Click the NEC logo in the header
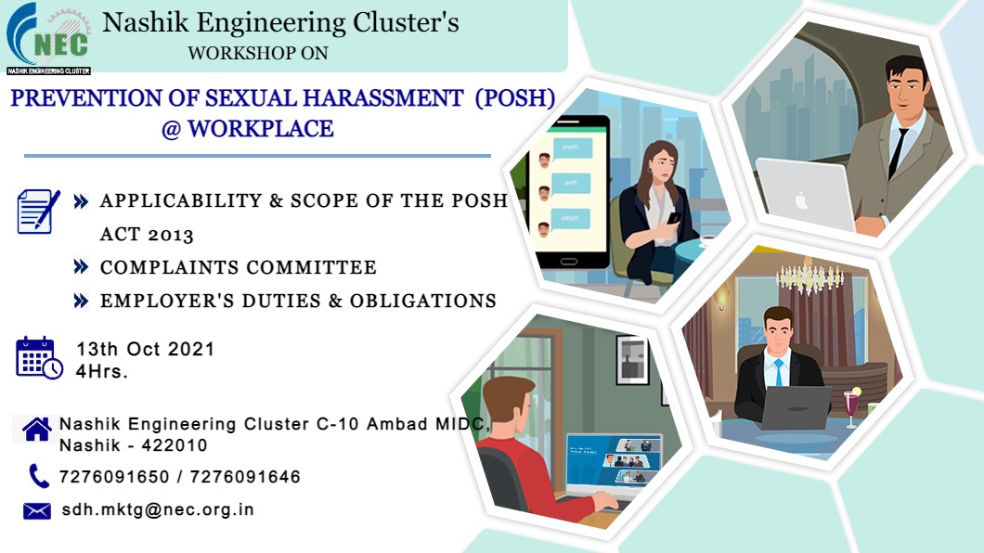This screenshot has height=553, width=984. point(48,39)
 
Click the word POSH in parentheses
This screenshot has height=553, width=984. point(515,98)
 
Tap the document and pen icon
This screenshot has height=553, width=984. point(38,212)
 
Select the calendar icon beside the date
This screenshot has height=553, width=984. point(39,358)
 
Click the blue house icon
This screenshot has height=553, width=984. point(37,430)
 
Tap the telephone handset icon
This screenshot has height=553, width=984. point(39,477)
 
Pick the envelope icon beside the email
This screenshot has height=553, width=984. point(37,511)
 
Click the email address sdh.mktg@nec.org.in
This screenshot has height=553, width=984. point(158,509)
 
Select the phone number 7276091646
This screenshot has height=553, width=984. point(245,477)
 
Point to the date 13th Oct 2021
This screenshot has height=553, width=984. point(146,349)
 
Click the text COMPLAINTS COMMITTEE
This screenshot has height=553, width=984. point(239,268)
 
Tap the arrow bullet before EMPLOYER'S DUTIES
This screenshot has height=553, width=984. point(81,301)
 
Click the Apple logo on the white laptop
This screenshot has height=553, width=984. point(801,201)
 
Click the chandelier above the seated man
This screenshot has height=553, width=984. point(810,276)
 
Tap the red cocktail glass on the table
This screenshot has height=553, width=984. point(851,406)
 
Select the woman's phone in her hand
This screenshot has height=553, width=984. point(673,218)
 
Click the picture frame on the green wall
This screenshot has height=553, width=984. point(632,359)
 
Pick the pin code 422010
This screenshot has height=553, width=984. point(175,445)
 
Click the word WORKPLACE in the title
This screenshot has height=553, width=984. point(261,129)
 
